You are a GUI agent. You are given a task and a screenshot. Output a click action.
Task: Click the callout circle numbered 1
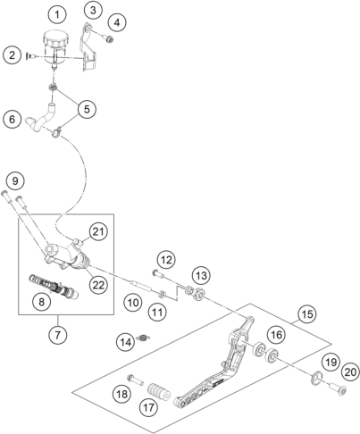[57, 14]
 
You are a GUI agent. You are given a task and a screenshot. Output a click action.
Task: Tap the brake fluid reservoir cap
[56, 38]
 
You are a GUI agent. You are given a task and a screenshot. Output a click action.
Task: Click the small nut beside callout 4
[109, 38]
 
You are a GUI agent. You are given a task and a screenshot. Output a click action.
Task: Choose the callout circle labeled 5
[87, 109]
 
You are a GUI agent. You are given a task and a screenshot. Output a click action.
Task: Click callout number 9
[15, 180]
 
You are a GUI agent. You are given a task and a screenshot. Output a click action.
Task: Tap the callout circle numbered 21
[98, 231]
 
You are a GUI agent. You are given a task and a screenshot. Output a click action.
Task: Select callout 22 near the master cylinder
[98, 285]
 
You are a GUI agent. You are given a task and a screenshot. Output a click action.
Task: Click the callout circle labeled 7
[58, 335]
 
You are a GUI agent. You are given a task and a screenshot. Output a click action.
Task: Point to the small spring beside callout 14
[143, 338]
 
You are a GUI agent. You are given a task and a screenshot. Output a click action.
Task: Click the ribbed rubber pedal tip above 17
[159, 392]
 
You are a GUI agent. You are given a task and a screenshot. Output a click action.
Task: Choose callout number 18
[121, 395]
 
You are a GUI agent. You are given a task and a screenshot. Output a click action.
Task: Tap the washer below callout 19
[317, 378]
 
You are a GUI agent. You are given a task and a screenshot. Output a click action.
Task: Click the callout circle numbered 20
[350, 372]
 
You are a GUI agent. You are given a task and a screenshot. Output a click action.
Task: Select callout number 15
[307, 314]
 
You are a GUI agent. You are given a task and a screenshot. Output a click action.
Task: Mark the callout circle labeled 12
[166, 260]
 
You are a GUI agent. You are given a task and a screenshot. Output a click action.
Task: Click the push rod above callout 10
[140, 285]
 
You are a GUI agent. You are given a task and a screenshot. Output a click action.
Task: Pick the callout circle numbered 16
[276, 335]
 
